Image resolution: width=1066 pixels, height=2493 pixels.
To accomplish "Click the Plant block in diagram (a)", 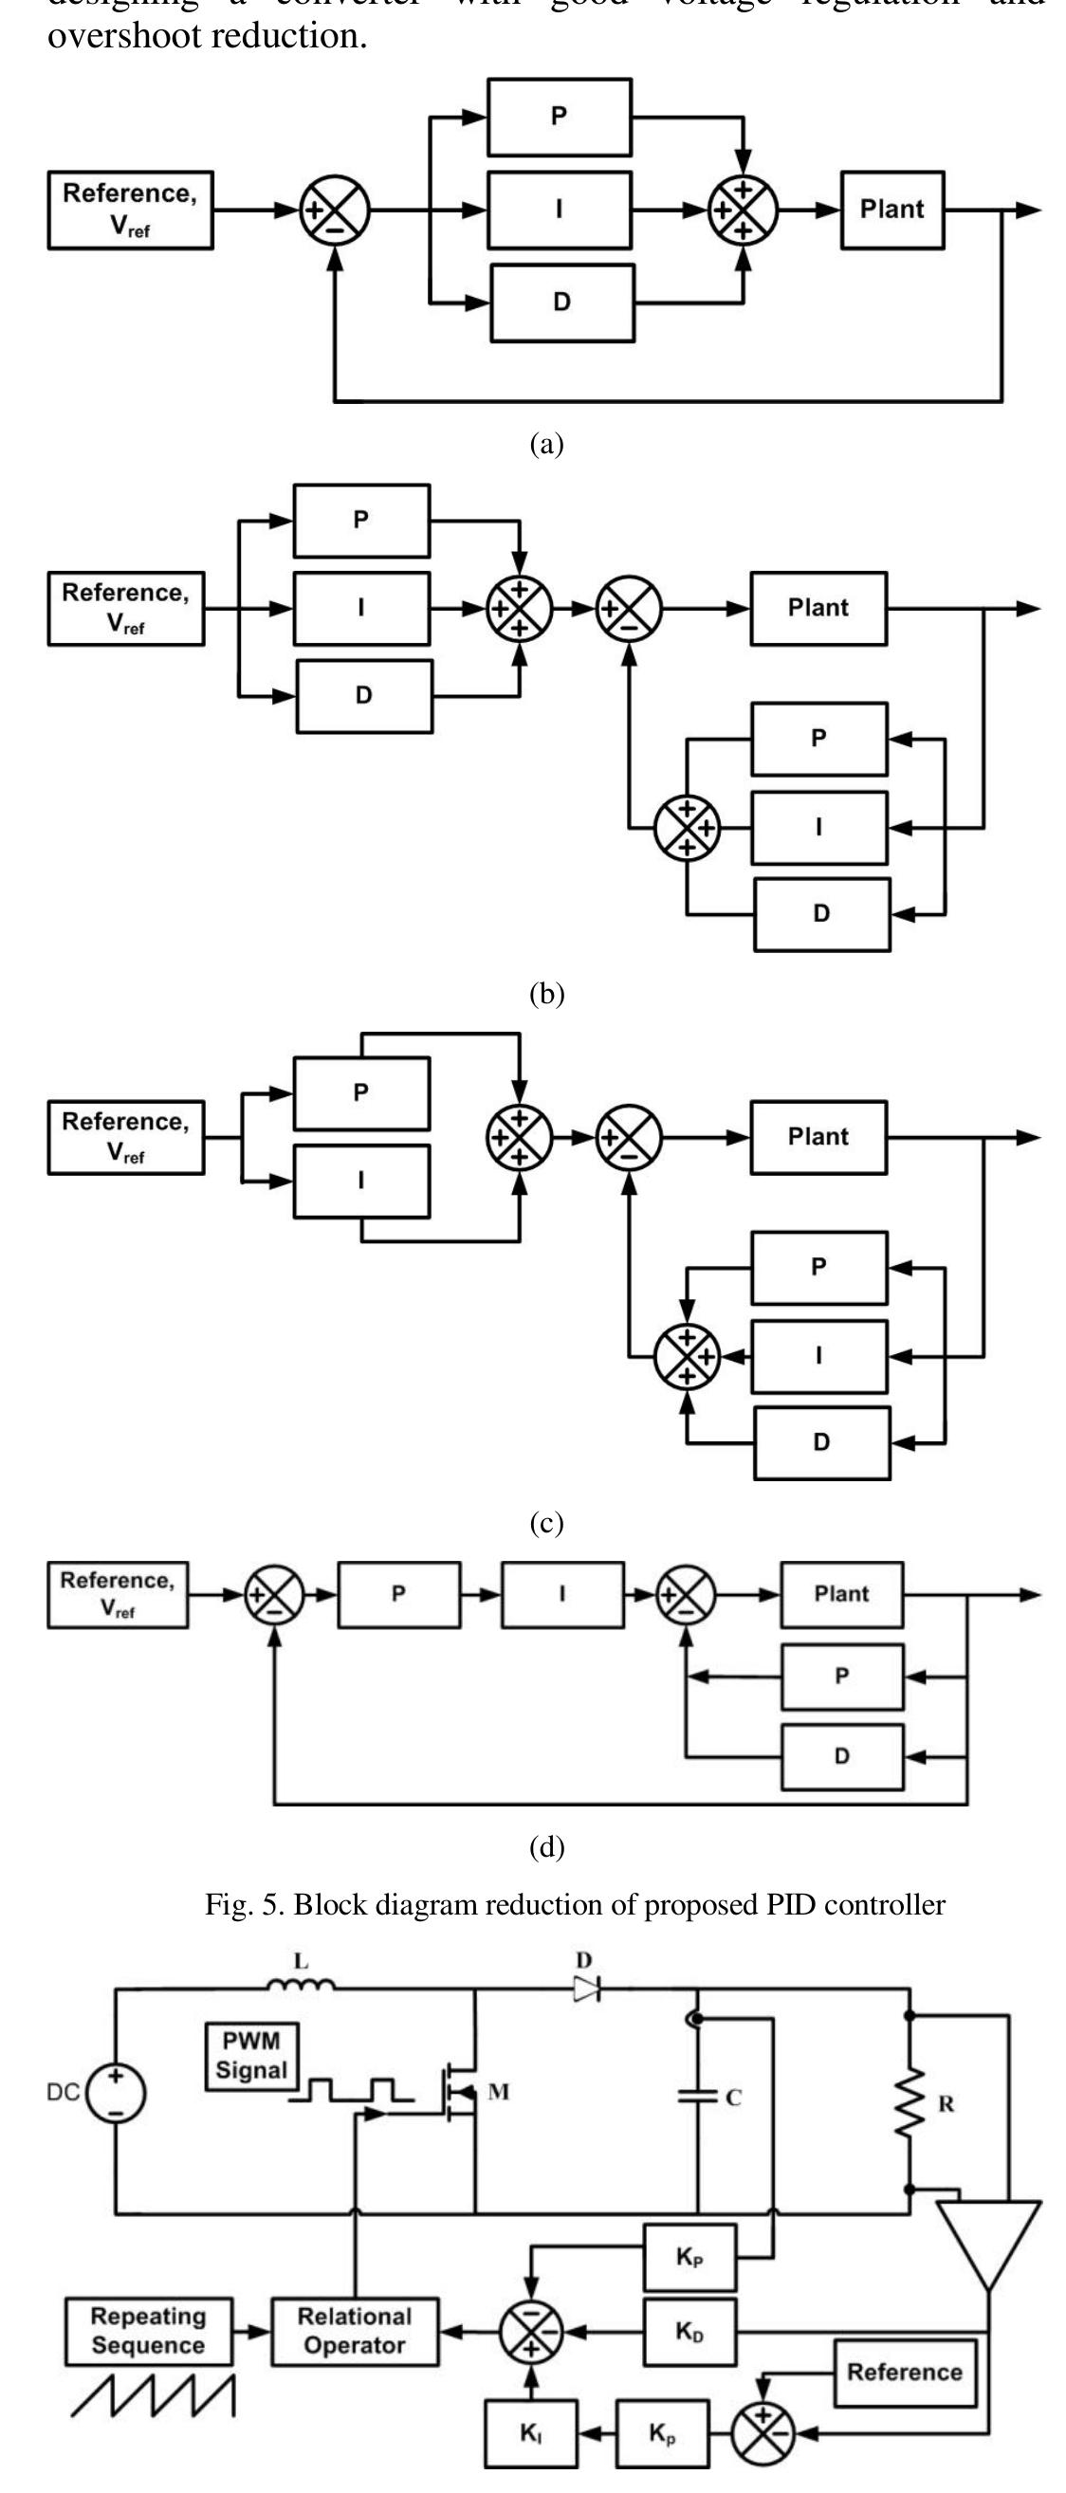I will (891, 210).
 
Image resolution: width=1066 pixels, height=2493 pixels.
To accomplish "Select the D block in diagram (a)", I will (561, 302).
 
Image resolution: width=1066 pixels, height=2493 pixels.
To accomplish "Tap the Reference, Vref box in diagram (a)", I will (130, 210).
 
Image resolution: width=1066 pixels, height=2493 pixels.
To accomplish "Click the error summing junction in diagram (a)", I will (335, 210).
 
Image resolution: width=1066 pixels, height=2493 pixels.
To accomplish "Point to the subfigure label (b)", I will (546, 994).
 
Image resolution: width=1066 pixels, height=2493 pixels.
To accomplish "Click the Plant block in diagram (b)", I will (818, 608).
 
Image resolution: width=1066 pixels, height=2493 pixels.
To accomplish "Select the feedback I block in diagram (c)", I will (819, 1356).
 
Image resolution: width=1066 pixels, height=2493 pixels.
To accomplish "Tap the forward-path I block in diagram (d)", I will (561, 1594).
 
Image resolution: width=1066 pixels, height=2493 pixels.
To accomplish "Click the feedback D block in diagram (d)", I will (841, 1755).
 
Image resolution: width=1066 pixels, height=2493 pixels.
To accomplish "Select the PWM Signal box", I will (251, 2057).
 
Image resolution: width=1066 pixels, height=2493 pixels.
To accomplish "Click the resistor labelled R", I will (911, 2103).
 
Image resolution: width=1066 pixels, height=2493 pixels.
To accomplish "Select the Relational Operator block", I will (355, 2332).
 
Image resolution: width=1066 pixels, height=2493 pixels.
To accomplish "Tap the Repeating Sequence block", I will (148, 2331).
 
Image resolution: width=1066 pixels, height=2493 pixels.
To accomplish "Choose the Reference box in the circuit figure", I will (905, 2372).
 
